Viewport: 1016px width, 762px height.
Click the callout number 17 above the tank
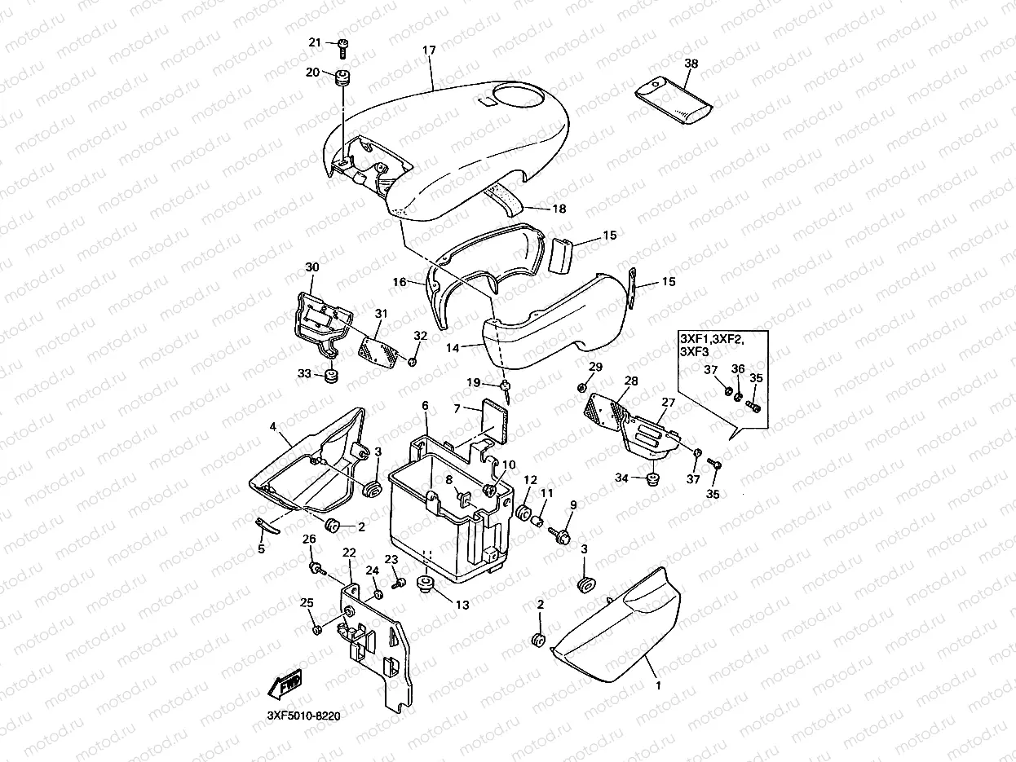coord(429,50)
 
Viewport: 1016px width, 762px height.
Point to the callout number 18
coord(559,209)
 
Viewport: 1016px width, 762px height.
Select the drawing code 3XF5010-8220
coord(303,716)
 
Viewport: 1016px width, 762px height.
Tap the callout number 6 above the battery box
coord(425,405)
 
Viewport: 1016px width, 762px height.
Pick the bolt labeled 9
coord(562,533)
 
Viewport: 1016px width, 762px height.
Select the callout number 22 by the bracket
coord(349,553)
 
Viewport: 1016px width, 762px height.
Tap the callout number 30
coord(312,266)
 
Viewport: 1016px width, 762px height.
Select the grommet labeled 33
coord(331,377)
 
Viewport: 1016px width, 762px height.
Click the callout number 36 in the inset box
coord(738,368)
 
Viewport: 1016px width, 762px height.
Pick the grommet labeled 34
coord(652,477)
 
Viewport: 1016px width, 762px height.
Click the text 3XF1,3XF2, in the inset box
coord(712,337)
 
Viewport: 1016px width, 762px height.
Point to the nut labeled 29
coord(581,385)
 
